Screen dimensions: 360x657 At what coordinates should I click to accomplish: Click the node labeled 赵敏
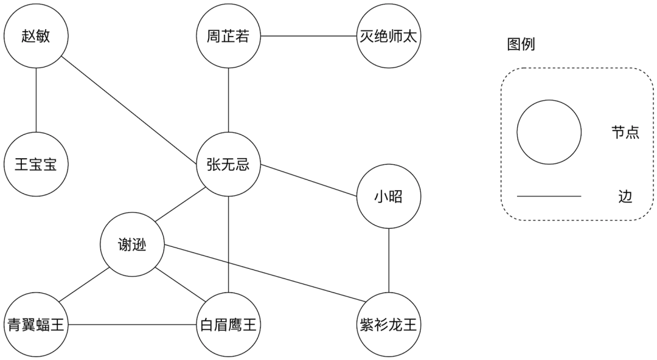(35, 36)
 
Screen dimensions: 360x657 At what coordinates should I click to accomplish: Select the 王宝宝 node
(35, 164)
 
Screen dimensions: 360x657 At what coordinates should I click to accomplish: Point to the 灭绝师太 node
(389, 36)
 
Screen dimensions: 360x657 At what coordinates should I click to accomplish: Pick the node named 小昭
(389, 196)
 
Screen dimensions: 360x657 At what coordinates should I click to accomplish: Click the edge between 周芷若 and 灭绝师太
(308, 36)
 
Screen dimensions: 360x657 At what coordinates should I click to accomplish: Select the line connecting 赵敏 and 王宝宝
(35, 100)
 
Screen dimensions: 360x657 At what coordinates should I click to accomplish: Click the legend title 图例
(521, 44)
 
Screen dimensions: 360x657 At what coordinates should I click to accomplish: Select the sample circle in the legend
(549, 133)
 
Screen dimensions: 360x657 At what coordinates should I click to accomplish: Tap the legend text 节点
(625, 133)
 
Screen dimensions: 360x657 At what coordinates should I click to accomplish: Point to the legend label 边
(625, 196)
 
